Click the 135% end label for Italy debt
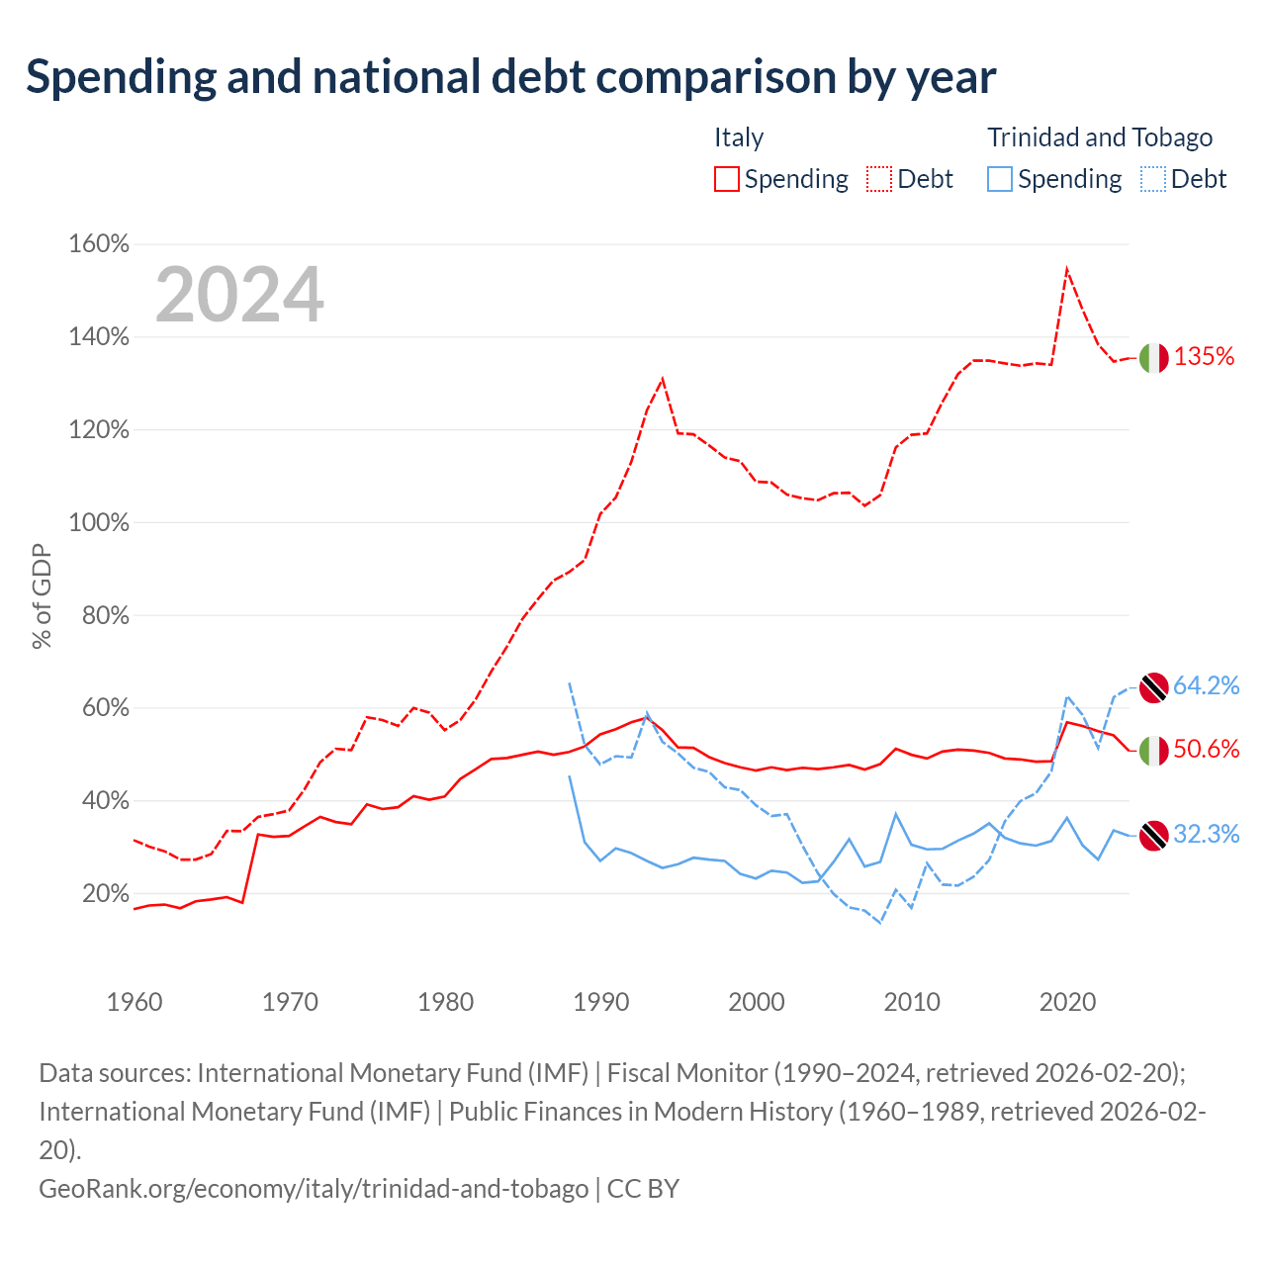coord(1204,357)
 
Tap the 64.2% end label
coord(1207,685)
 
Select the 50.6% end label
coord(1207,749)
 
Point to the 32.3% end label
coord(1207,835)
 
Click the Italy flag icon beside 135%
coord(1153,358)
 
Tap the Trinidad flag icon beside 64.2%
coord(1153,687)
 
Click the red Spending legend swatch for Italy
coord(727,179)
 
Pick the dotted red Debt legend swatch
coord(879,179)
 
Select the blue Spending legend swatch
coord(999,179)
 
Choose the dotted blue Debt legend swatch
coord(1153,179)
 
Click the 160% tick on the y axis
coord(99,243)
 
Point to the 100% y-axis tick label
coord(99,523)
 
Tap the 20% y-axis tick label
coord(106,893)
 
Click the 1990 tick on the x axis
coord(601,1002)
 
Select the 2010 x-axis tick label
coord(912,1002)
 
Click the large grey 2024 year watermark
coord(239,294)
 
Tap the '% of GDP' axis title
coord(42,596)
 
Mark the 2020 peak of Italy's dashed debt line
coord(1067,268)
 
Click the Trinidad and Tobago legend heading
coord(1100,137)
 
